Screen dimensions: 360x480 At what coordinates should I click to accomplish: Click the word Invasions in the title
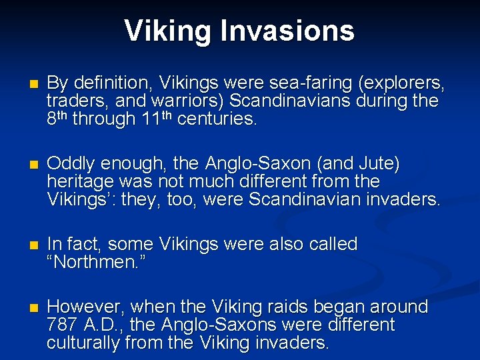pyautogui.click(x=290, y=31)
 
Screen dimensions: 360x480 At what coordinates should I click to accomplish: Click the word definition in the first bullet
pyautogui.click(x=103, y=83)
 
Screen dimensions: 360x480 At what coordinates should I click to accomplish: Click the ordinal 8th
pyautogui.click(x=57, y=119)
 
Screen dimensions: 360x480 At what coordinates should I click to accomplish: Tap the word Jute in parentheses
pyautogui.click(x=379, y=164)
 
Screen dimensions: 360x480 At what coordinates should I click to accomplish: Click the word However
pyautogui.click(x=85, y=307)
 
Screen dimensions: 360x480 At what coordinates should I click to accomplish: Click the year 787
pyautogui.click(x=62, y=325)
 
